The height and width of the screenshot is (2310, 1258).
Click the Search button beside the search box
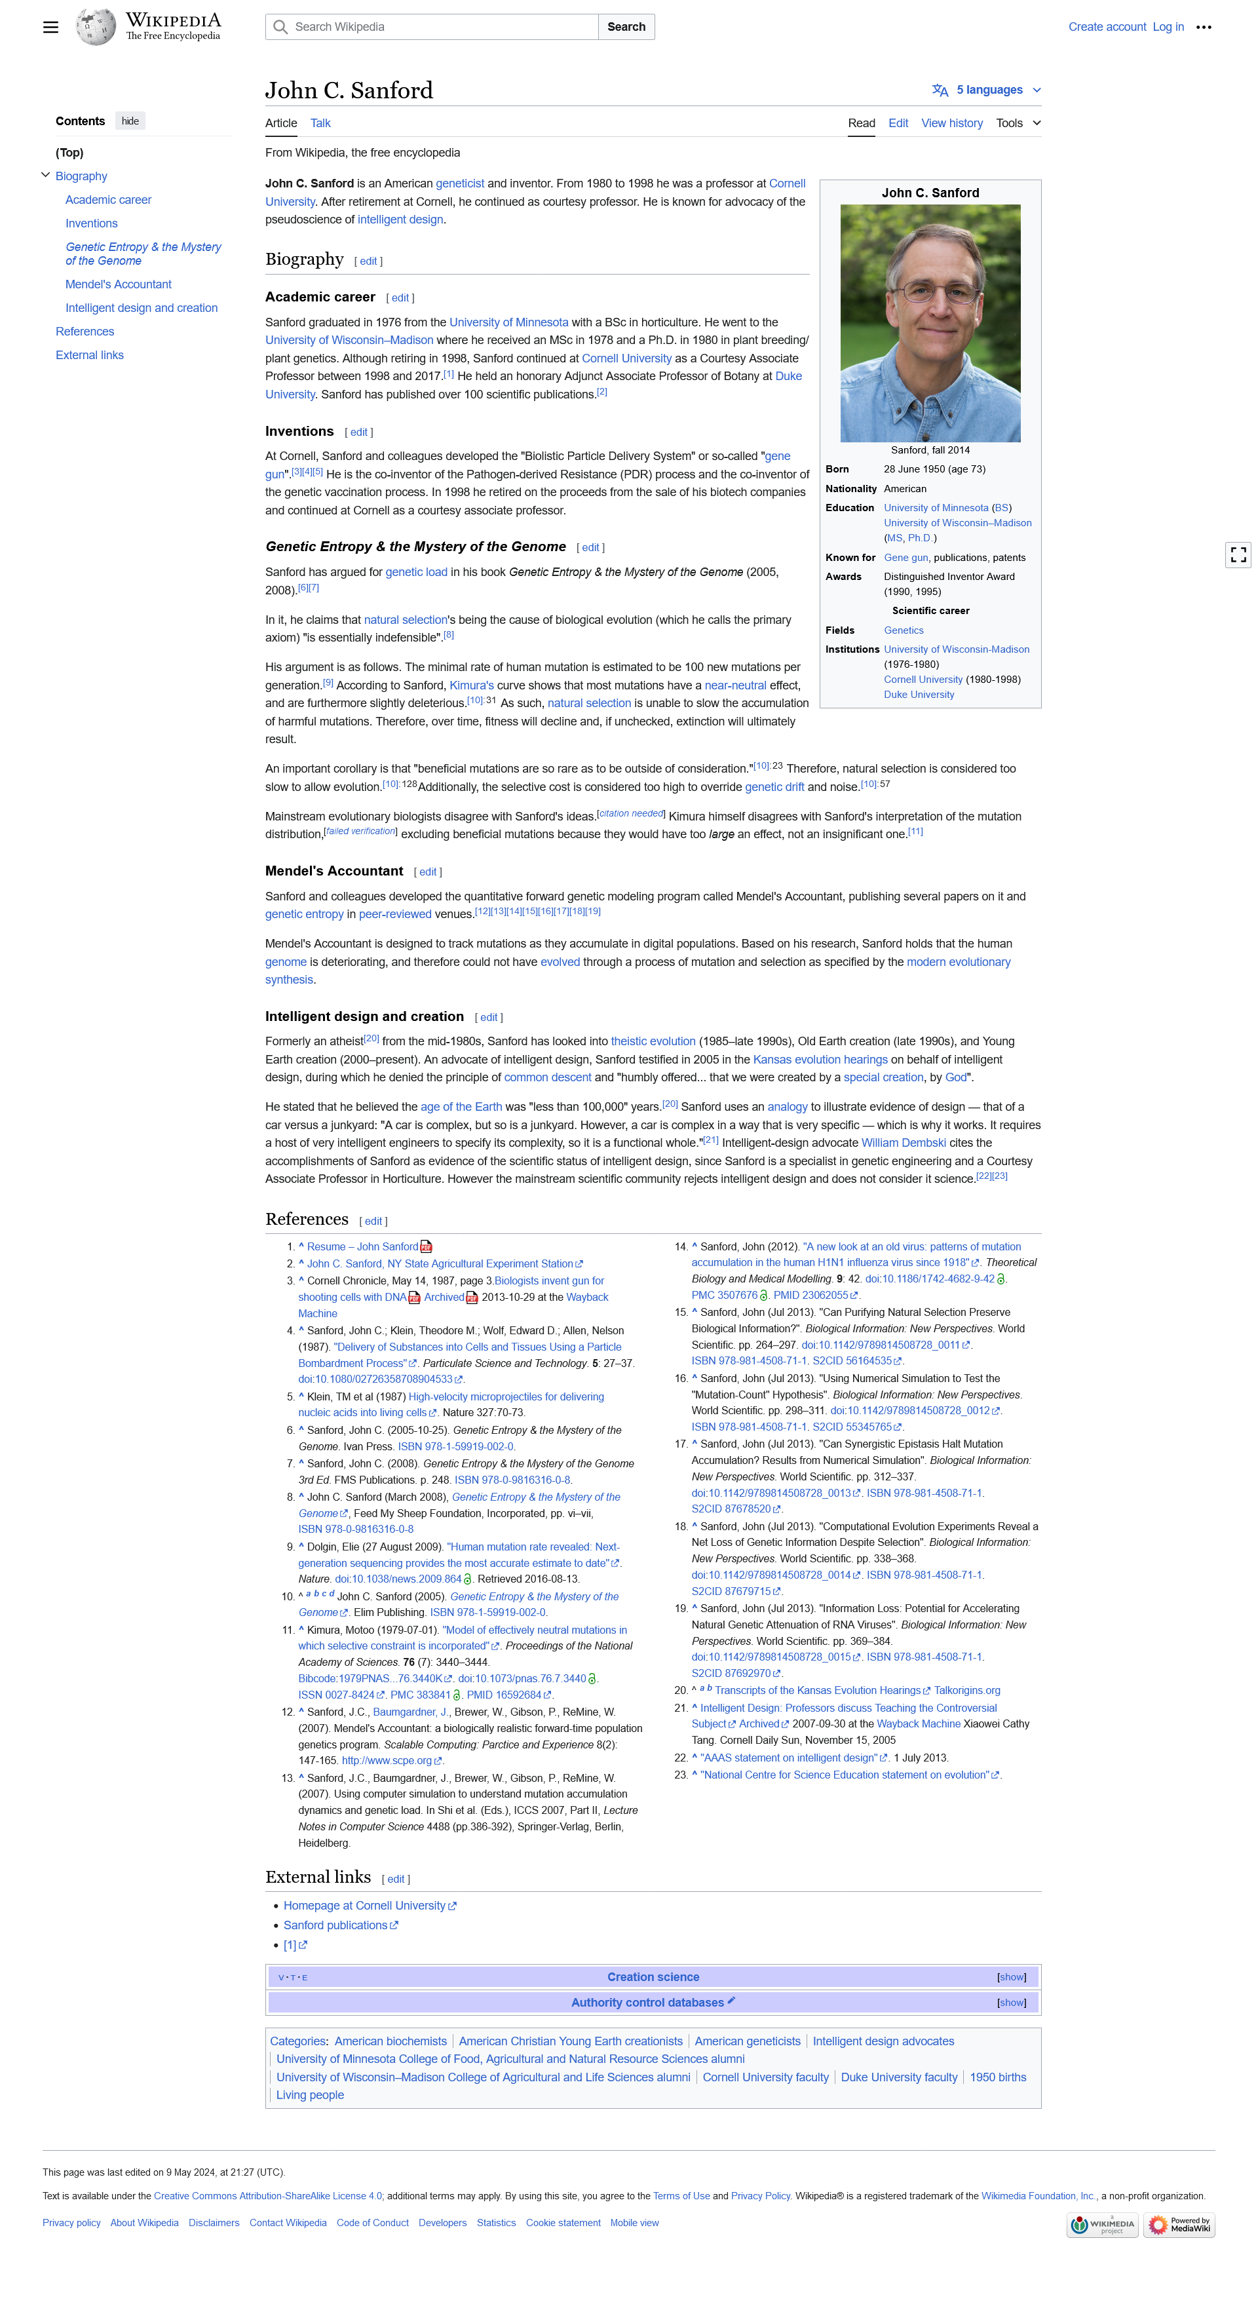point(626,27)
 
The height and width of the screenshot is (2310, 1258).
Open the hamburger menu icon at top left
point(51,27)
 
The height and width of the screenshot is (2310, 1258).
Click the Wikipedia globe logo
point(95,27)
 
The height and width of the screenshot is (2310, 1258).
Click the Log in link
point(1168,27)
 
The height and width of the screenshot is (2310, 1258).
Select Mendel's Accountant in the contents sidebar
point(119,284)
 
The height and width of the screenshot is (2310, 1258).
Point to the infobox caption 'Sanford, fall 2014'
point(930,450)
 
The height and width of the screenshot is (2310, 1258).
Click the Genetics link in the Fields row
point(903,630)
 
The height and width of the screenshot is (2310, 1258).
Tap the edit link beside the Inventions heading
point(358,433)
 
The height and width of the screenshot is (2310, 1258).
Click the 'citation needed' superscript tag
point(631,813)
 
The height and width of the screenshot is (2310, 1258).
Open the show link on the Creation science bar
point(1012,1977)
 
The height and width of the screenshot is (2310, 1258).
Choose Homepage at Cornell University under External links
point(364,1906)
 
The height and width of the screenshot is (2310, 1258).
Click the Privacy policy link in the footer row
point(71,2223)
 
